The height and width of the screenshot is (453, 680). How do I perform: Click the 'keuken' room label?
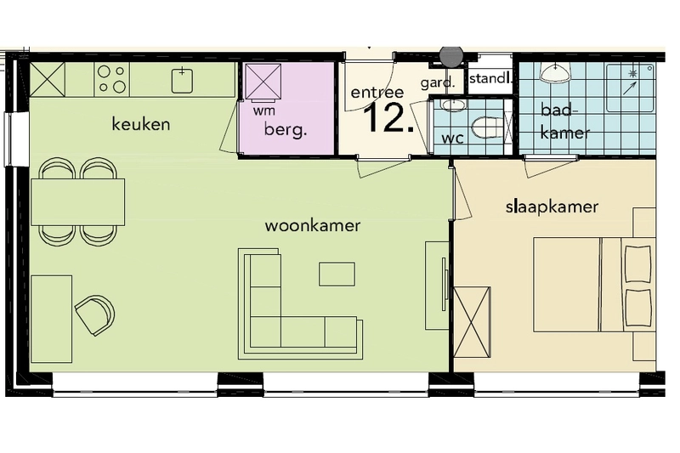141,124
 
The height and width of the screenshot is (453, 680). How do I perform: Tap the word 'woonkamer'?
312,225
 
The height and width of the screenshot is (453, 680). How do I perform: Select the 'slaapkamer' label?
552,207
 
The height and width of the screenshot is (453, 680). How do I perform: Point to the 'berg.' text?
286,129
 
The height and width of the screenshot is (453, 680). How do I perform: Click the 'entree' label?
377,93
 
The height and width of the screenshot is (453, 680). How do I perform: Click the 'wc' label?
453,139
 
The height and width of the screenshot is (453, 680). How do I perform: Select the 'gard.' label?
438,82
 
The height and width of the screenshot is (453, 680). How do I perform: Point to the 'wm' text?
264,111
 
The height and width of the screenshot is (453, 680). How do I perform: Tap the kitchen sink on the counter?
182,80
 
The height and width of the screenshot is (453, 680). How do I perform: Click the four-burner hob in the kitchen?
112,79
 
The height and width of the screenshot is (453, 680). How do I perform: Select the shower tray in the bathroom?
630,88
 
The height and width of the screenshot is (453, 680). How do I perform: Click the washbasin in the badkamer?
555,73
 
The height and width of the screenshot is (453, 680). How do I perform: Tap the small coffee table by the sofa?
337,274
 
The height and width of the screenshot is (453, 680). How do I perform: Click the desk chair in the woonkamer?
95,314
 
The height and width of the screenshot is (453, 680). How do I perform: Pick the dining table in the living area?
78,202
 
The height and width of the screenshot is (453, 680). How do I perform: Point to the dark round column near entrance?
451,55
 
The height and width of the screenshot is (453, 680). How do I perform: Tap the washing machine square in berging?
263,82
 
